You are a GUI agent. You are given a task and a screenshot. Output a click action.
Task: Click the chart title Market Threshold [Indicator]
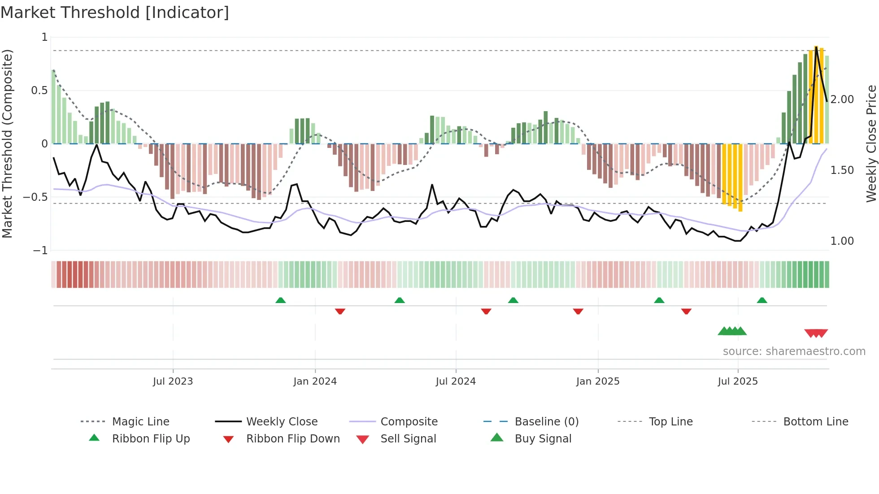coord(115,13)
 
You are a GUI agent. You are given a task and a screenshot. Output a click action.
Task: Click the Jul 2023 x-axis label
coord(173,381)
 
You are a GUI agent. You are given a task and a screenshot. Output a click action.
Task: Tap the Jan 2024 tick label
coord(315,381)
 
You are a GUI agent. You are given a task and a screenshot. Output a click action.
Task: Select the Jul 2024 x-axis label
coord(456,381)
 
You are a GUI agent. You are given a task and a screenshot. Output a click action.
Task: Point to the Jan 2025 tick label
coord(598,381)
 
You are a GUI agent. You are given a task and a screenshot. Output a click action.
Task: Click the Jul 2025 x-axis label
coord(738,381)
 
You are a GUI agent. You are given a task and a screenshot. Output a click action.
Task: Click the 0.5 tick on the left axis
coord(39,91)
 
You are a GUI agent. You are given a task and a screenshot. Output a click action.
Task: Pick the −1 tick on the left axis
coord(40,251)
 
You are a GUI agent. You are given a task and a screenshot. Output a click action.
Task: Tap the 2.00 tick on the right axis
coord(842,100)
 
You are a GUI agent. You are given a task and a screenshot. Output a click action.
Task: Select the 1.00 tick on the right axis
coord(842,241)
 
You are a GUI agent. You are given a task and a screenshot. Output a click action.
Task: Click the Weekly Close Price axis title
coord(871,143)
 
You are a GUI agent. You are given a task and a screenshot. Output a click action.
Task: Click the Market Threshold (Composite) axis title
coord(7,143)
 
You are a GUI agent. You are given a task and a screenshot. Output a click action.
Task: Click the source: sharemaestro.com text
coord(794,351)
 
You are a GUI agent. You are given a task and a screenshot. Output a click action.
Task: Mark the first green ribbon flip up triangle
coord(280,300)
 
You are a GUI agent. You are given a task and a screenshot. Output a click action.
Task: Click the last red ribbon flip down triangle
coord(686,311)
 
